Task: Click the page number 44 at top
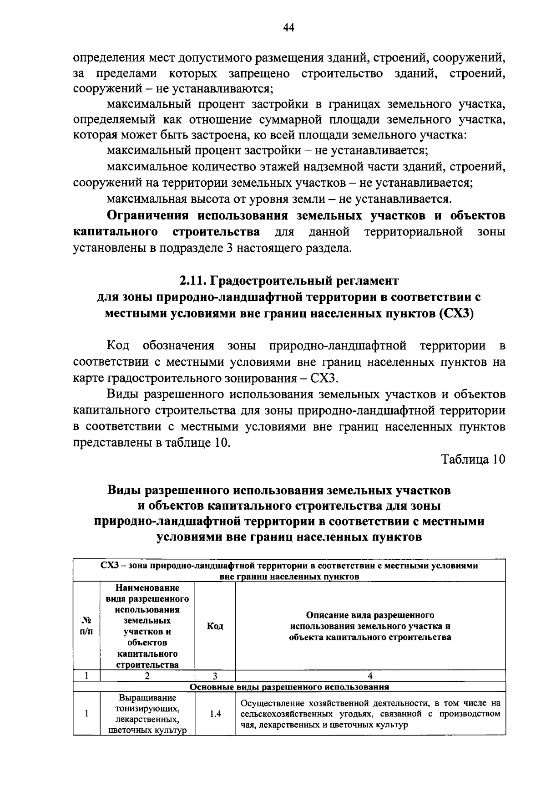point(288,28)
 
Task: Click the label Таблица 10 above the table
point(473,459)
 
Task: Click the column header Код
point(215,626)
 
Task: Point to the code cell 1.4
point(215,714)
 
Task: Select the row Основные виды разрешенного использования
point(289,687)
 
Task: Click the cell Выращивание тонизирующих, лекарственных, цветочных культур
point(147,714)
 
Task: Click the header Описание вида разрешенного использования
point(370,626)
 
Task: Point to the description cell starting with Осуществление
point(370,714)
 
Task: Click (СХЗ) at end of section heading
point(457,314)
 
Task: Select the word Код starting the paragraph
point(118,345)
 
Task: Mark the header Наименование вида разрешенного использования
point(147,626)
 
